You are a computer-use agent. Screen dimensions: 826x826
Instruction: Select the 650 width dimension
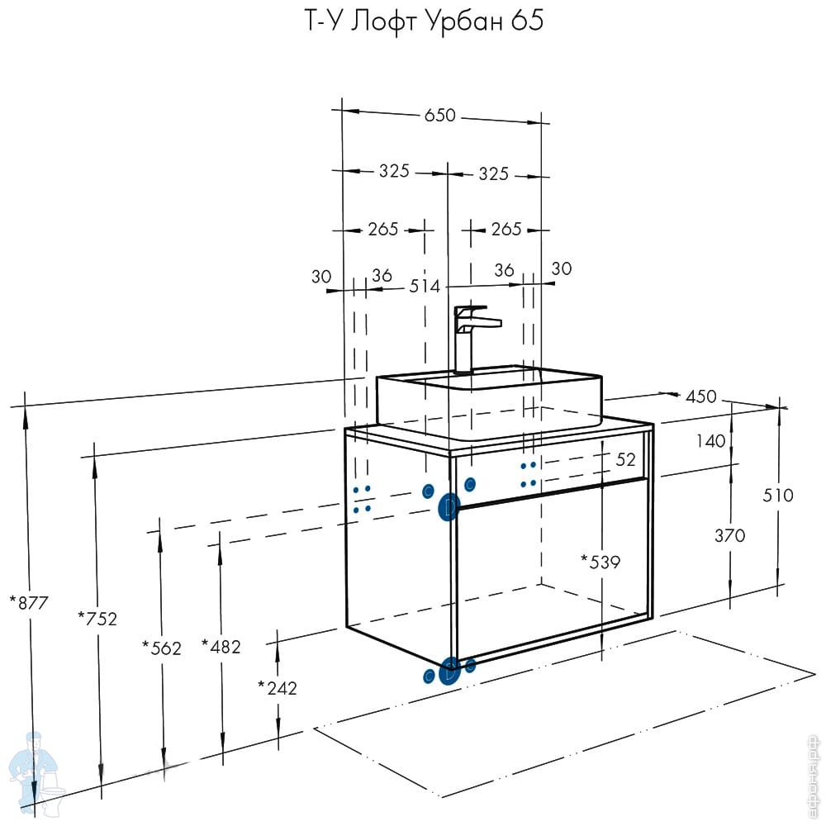(x=440, y=116)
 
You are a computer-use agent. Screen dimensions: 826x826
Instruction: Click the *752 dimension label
(x=97, y=618)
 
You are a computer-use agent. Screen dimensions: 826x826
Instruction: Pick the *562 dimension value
(x=161, y=648)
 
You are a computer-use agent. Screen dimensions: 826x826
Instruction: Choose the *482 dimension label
(x=221, y=647)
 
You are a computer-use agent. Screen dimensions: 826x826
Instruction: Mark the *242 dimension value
(x=277, y=687)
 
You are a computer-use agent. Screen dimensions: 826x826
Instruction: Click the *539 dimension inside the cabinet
(x=601, y=563)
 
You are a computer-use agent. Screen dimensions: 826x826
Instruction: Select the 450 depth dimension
(x=701, y=397)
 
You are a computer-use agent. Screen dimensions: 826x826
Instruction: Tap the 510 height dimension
(x=777, y=496)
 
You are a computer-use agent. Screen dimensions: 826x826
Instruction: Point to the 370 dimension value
(x=729, y=535)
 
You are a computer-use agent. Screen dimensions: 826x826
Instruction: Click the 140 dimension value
(x=710, y=441)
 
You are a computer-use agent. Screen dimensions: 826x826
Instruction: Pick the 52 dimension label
(x=625, y=459)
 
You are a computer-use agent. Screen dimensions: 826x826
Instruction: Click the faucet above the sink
(x=473, y=334)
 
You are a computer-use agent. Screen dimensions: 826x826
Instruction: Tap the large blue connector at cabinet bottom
(x=449, y=671)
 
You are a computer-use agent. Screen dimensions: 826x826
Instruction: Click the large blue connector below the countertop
(x=449, y=506)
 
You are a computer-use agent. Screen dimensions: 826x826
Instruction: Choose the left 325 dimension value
(x=395, y=172)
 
